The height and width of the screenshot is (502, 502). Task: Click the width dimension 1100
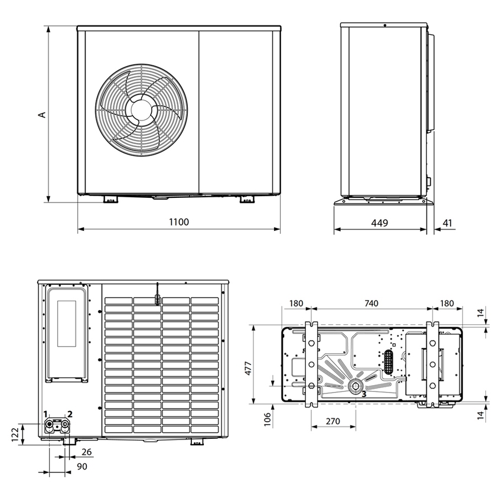179,222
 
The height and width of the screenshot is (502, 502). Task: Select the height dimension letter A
42,114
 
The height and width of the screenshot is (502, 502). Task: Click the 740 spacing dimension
371,303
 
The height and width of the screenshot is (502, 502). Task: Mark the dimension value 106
268,420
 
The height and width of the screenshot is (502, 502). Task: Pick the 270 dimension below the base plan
333,422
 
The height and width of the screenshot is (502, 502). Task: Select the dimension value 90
82,467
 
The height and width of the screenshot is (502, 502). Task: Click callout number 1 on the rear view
45,414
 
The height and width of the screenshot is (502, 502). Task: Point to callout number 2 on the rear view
70,414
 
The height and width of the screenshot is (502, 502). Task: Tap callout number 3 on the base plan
364,393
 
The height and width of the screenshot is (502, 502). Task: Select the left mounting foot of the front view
110,200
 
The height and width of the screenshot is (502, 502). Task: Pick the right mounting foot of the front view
247,200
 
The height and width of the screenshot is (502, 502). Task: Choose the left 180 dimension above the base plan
296,303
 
